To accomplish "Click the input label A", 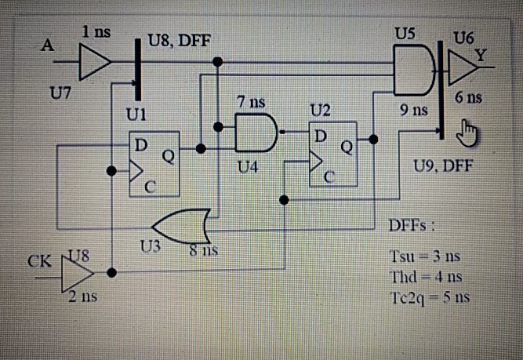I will (x=49, y=45).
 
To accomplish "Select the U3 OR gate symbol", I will (x=182, y=226).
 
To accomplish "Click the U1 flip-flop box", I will (x=154, y=164).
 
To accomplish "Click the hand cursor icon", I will (x=470, y=131).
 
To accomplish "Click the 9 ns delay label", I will (x=413, y=111).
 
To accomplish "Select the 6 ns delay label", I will (x=469, y=98).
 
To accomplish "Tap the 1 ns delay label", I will (x=97, y=31).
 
